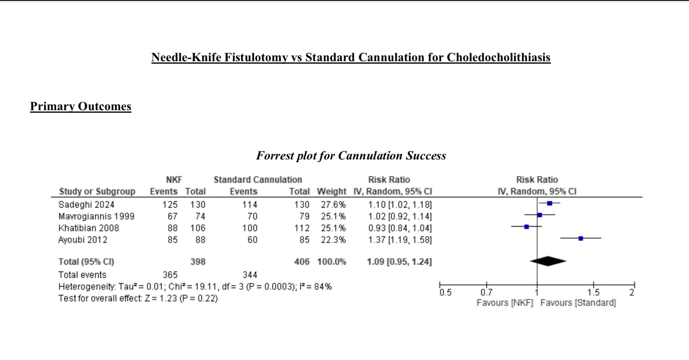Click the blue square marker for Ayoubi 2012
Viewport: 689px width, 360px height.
pos(581,239)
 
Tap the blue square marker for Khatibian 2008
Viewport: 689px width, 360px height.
pos(527,227)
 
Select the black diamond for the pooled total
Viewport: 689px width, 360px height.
pos(548,261)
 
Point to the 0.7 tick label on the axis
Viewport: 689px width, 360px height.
pos(486,293)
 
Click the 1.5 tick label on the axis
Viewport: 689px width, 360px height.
pos(594,293)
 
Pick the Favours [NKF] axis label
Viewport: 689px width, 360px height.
pos(505,303)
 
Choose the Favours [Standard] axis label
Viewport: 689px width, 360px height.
pos(578,303)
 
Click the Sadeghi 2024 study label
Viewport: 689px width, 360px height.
pos(86,205)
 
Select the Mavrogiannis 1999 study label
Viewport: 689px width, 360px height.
pos(96,216)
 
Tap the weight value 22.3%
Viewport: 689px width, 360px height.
pos(333,240)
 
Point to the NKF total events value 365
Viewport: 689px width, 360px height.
pos(170,275)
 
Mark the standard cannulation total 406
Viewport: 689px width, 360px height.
pos(302,262)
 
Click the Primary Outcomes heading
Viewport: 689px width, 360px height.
pos(81,106)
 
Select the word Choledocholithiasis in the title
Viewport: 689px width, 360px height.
pos(499,57)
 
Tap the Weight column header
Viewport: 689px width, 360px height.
pos(332,191)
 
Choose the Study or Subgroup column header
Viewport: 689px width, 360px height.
pos(97,192)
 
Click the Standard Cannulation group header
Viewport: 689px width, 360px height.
pos(258,180)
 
